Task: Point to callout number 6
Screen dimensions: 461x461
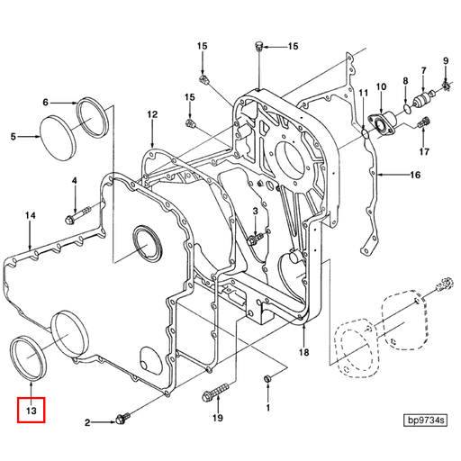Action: click(x=46, y=103)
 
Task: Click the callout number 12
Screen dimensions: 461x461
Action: click(x=152, y=114)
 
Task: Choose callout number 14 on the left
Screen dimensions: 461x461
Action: click(x=30, y=215)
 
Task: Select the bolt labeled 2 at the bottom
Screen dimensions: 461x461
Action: click(x=123, y=418)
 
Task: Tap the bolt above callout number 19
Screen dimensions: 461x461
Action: click(x=216, y=394)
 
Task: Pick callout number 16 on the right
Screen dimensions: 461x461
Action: click(x=415, y=174)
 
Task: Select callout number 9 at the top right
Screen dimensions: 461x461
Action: click(x=444, y=61)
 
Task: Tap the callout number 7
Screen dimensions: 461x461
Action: click(x=422, y=69)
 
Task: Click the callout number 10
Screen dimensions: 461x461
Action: click(x=381, y=87)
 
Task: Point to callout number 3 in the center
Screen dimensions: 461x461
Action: click(x=255, y=212)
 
